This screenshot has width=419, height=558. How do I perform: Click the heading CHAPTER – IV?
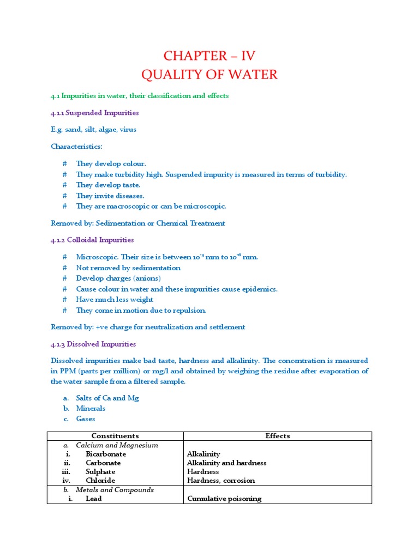[x=209, y=56]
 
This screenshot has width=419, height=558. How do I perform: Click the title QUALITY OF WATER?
[x=209, y=74]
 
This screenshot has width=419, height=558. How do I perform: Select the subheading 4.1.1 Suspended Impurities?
[x=95, y=113]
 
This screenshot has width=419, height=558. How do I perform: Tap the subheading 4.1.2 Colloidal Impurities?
[x=92, y=240]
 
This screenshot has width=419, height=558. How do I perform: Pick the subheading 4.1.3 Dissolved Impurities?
[x=93, y=344]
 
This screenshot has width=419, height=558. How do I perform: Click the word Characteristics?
[x=76, y=147]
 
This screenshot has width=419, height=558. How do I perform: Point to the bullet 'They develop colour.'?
[x=111, y=163]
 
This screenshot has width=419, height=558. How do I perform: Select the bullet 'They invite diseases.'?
[x=110, y=196]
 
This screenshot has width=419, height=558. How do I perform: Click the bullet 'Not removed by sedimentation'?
[x=128, y=268]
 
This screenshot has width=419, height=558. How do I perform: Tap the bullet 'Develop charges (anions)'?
[x=118, y=278]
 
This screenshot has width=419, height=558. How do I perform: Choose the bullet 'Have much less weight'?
[x=115, y=300]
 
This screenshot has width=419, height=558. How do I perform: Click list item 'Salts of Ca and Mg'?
[x=107, y=398]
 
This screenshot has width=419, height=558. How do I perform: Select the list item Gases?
[x=86, y=419]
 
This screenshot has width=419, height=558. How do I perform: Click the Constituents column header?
[x=115, y=436]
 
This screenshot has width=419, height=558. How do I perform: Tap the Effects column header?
[x=277, y=436]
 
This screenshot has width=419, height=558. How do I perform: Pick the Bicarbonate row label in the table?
[x=106, y=454]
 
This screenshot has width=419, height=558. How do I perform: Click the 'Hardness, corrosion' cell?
[x=220, y=481]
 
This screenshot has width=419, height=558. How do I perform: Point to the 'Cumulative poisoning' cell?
[x=224, y=499]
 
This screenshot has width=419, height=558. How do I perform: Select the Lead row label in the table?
[x=94, y=499]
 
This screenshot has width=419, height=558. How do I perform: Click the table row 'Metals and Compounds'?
[x=115, y=490]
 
